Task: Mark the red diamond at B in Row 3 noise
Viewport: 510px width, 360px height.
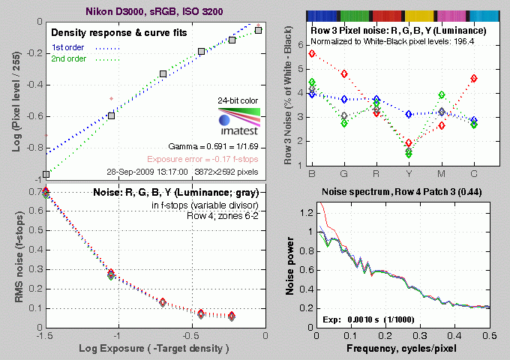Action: [312, 53]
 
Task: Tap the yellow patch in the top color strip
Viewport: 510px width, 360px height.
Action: [423, 15]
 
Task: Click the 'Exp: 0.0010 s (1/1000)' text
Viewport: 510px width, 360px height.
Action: [370, 319]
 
